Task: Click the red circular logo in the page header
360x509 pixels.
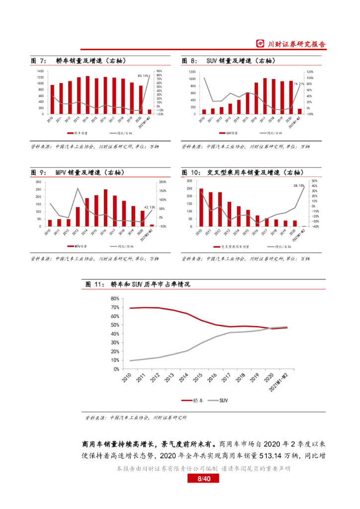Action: [260, 44]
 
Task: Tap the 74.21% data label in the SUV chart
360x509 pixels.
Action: [298, 84]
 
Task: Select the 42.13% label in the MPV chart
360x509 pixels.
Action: [149, 207]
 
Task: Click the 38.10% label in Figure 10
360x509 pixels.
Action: [298, 185]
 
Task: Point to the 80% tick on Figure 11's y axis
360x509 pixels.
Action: [114, 299]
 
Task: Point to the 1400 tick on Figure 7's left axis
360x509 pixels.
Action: [40, 72]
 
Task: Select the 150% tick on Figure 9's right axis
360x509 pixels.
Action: [162, 190]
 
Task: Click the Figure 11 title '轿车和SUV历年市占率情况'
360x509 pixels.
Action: [149, 284]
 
